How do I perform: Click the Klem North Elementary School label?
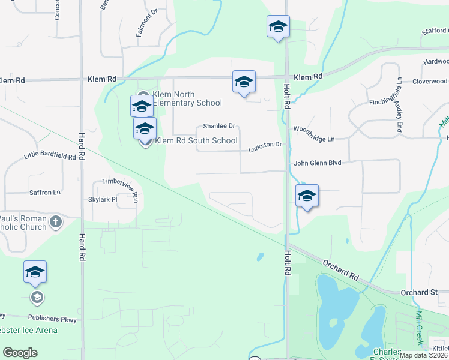(x=187, y=99)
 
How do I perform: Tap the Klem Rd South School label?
(x=196, y=141)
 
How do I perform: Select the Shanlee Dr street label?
(x=219, y=126)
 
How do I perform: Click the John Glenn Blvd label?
(x=317, y=163)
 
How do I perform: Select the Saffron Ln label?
(x=45, y=193)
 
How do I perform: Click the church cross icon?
(x=55, y=222)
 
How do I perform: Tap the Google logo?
(x=20, y=353)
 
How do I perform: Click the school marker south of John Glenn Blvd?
(x=307, y=196)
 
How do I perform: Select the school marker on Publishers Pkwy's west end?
(x=35, y=272)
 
